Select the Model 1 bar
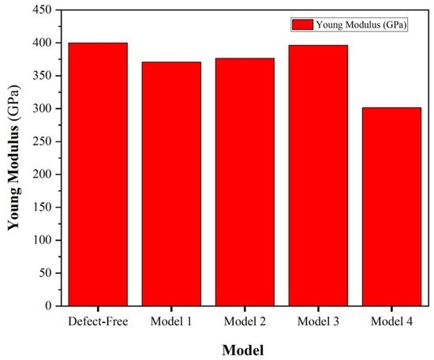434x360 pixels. point(171,183)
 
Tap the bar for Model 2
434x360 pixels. point(245,182)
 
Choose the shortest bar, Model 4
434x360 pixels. point(391,206)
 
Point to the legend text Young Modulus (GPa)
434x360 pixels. point(362,24)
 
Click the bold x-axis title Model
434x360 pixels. point(244,349)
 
